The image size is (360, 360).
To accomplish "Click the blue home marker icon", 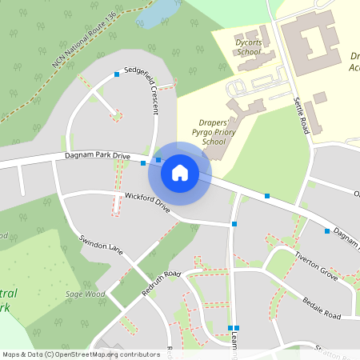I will pyautogui.click(x=180, y=172).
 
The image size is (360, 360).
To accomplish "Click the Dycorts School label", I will pyautogui.click(x=248, y=46).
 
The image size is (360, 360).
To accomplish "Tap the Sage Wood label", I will pyautogui.click(x=85, y=294).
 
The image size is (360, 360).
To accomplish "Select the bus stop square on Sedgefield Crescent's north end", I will pyautogui.click(x=117, y=74).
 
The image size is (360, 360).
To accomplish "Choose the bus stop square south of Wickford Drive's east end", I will pyautogui.click(x=234, y=224).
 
